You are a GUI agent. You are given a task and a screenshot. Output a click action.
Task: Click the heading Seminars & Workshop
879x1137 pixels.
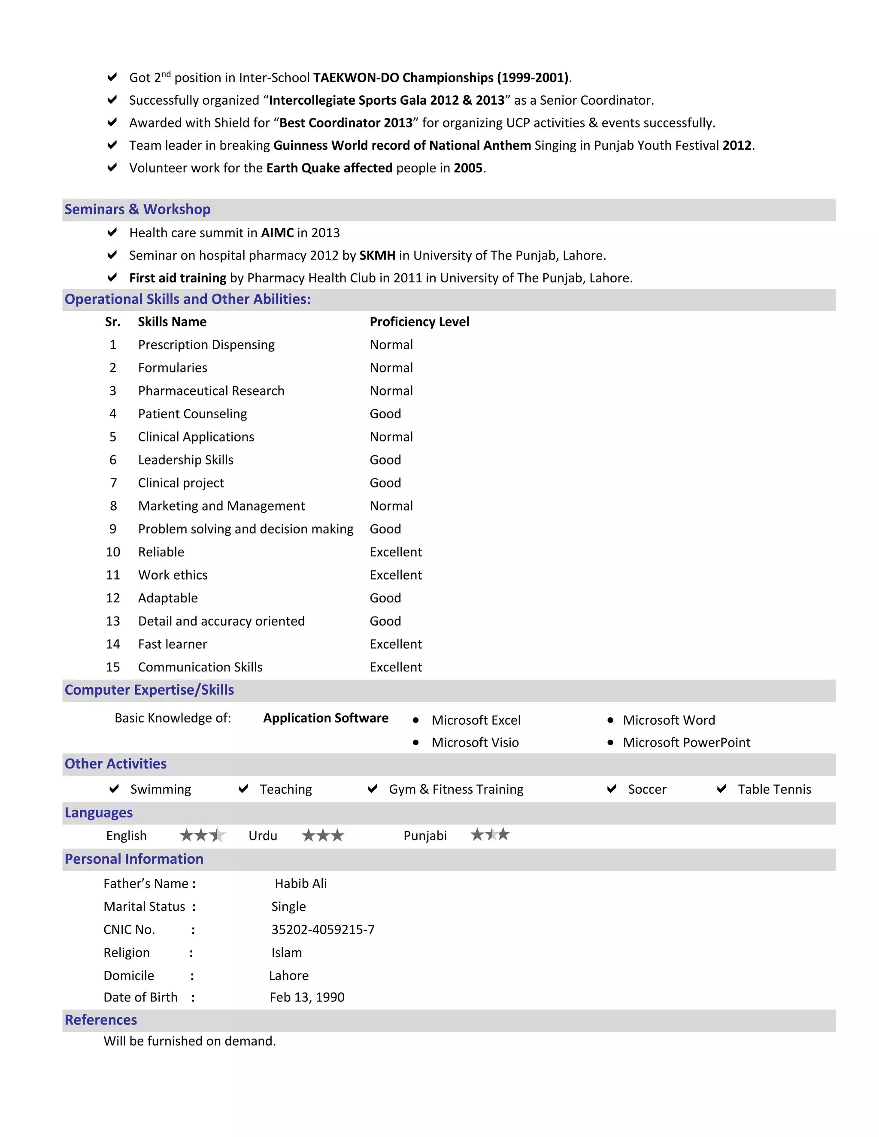(x=137, y=209)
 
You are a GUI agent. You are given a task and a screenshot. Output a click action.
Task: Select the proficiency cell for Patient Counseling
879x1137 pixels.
(x=385, y=414)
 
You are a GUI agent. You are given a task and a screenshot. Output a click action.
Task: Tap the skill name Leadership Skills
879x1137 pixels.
(x=185, y=460)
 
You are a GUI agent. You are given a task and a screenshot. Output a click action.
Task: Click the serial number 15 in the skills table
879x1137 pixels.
(x=113, y=667)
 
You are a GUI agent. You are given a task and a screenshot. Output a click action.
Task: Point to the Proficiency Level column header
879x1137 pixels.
(x=419, y=322)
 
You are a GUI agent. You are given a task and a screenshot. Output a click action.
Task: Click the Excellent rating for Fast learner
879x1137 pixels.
(x=396, y=644)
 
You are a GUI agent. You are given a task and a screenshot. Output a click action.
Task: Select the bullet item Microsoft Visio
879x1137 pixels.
(x=475, y=742)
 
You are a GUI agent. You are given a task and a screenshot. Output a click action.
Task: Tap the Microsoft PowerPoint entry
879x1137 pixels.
(x=686, y=742)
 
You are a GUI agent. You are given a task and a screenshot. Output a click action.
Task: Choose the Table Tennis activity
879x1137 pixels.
(x=774, y=789)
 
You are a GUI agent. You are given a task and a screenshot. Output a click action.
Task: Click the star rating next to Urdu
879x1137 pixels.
(x=323, y=835)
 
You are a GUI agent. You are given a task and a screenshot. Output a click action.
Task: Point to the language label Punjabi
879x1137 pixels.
(x=425, y=835)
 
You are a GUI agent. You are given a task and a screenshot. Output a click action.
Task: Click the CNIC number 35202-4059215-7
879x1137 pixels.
(x=323, y=929)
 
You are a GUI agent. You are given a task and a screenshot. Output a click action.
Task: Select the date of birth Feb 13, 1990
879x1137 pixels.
(x=307, y=997)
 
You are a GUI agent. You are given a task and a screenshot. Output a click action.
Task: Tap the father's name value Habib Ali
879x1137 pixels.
(x=301, y=883)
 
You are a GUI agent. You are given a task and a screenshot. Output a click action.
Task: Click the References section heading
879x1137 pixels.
(x=101, y=1020)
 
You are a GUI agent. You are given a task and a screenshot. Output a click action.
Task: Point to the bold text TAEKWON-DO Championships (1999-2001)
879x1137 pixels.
(x=440, y=78)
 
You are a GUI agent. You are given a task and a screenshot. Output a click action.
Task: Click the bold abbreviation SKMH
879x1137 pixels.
(x=378, y=256)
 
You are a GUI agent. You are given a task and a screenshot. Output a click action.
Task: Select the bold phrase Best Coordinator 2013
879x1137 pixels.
(x=346, y=123)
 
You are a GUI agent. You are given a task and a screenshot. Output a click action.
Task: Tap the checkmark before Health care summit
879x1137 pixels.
(x=112, y=232)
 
